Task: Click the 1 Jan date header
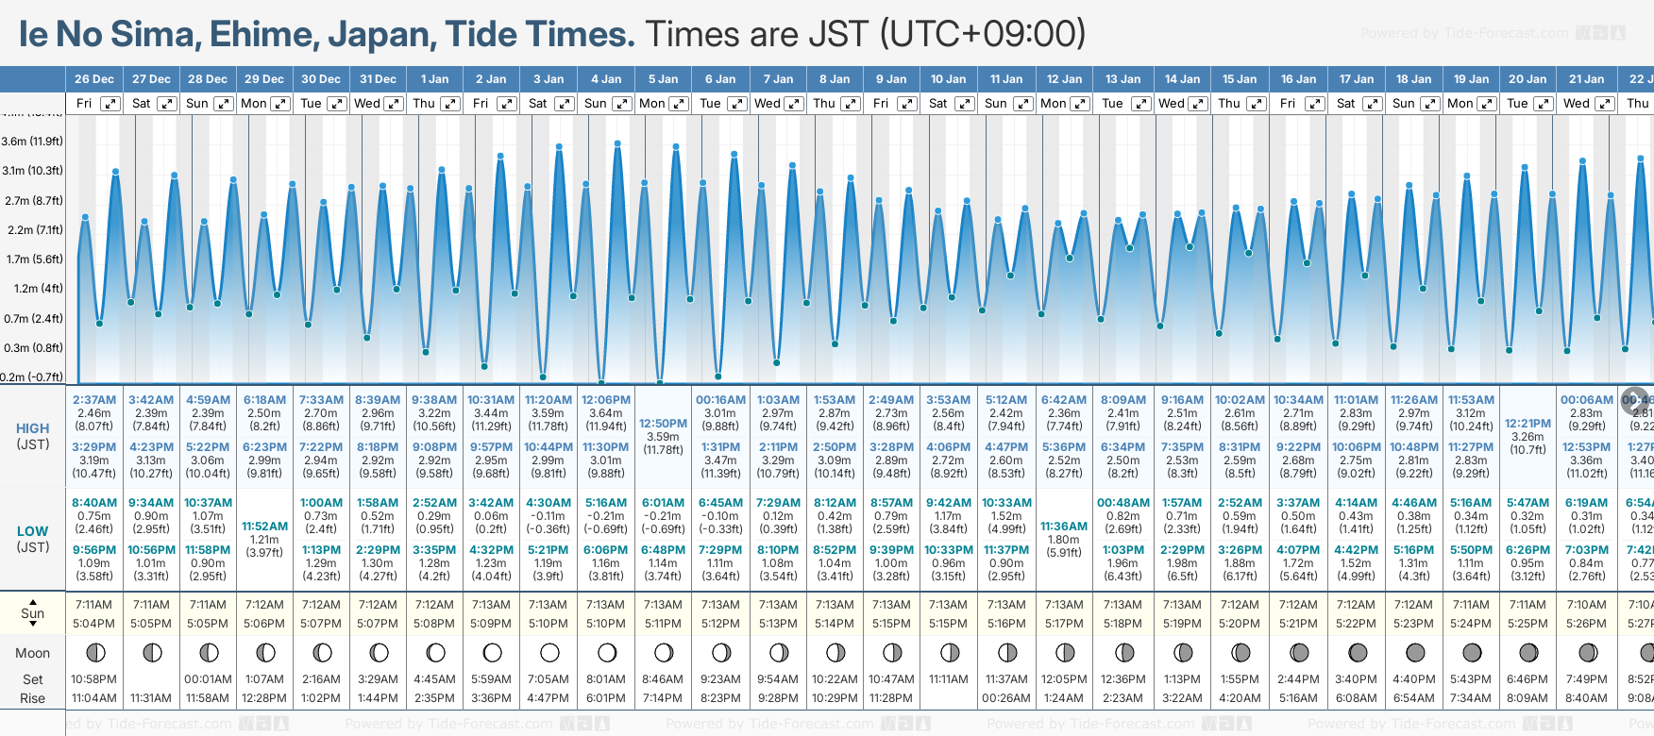434,79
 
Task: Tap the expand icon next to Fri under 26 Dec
110,104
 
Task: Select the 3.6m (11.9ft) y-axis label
32,142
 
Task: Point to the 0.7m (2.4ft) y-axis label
32,319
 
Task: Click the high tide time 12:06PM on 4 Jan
605,400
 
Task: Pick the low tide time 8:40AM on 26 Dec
94,503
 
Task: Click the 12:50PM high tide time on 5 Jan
663,424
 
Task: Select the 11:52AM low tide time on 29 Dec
264,527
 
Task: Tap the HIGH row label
32,428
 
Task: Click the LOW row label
32,531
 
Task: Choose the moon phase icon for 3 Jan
549,652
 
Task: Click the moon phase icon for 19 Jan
1472,652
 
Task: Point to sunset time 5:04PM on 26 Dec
94,624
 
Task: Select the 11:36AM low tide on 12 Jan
1064,527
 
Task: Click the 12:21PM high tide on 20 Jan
1527,424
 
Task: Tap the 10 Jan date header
948,79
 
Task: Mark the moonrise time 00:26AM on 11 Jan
1006,698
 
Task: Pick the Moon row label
32,653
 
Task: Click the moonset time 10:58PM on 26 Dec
94,679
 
